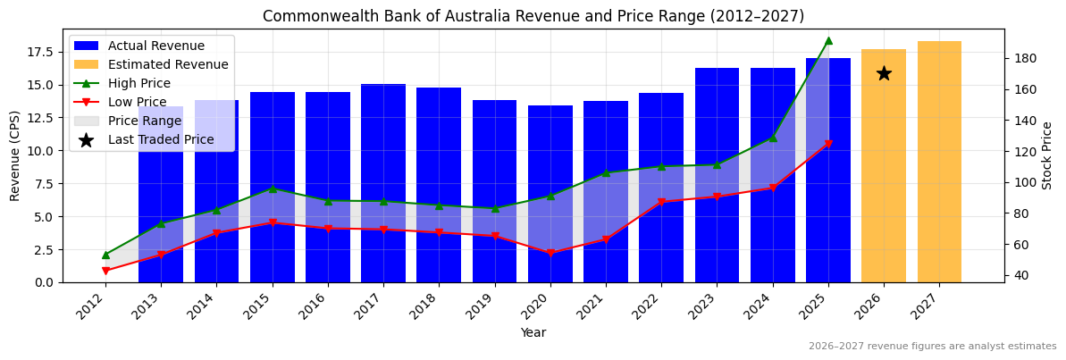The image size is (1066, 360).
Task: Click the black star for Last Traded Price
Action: [x=884, y=73]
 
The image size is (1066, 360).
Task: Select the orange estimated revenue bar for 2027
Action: [x=939, y=162]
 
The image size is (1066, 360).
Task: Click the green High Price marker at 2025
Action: [x=828, y=40]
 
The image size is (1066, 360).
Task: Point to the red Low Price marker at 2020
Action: [x=550, y=253]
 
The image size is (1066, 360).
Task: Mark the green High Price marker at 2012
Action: [x=105, y=255]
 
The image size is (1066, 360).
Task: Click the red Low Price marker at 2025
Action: [x=828, y=144]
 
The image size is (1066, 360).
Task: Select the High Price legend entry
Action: [x=138, y=83]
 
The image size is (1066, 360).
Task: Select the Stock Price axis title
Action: [x=1047, y=155]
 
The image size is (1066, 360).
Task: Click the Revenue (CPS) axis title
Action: [x=15, y=155]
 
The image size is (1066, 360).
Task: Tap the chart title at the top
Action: [x=533, y=16]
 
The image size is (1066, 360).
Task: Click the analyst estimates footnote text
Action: [x=932, y=347]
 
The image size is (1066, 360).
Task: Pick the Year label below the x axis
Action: [x=533, y=332]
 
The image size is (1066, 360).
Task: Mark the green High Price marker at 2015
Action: [x=273, y=188]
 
